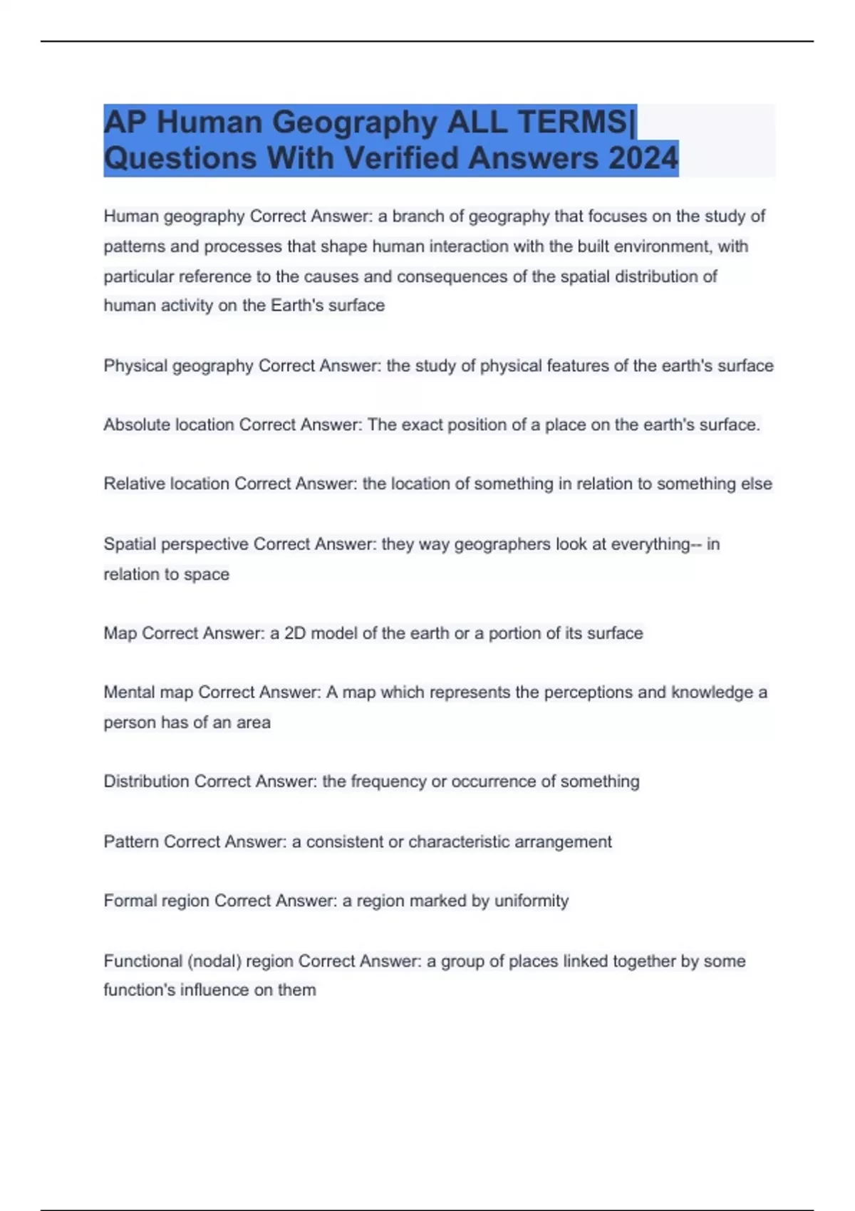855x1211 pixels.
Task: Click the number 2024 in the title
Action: [x=643, y=158]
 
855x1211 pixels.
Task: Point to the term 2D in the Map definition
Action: [x=295, y=633]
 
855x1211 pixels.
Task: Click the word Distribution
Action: [x=147, y=781]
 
